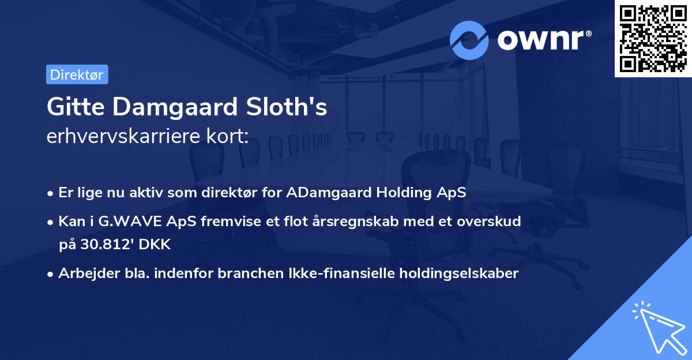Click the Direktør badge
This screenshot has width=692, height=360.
(77, 74)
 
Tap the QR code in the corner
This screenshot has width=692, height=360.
(653, 38)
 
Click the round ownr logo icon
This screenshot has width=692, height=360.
(469, 40)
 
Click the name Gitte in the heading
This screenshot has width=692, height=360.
(70, 107)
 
